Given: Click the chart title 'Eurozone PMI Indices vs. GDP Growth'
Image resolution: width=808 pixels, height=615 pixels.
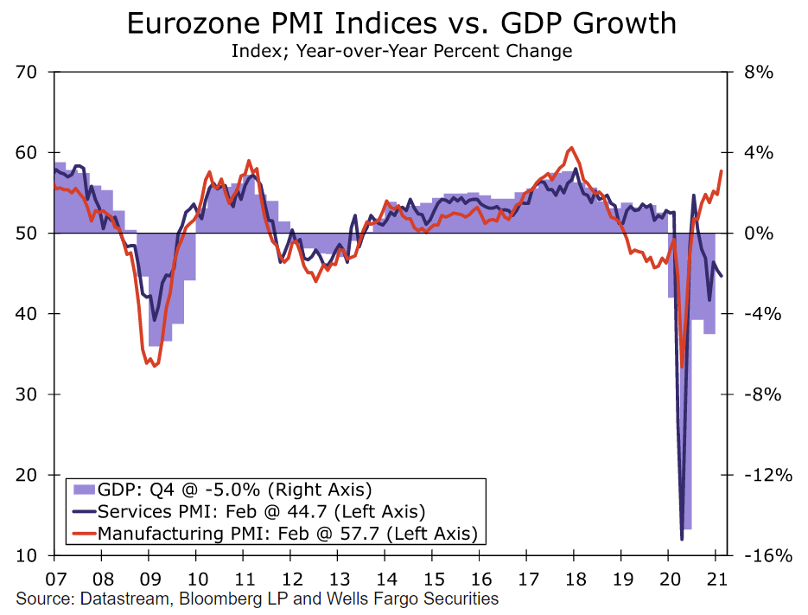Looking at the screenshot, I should coord(403,23).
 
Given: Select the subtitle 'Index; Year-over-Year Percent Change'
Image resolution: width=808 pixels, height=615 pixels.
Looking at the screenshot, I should coord(402,51).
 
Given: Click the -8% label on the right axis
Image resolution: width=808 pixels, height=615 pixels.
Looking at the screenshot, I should coord(755,394).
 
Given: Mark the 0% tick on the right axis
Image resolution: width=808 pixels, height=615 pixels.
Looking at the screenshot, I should coord(751,234).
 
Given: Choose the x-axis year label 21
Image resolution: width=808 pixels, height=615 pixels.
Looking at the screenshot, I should coord(716,578).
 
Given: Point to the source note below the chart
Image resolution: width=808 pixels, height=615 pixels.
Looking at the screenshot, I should coord(257,599).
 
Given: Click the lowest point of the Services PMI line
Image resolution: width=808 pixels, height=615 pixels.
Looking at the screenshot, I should coord(682,540).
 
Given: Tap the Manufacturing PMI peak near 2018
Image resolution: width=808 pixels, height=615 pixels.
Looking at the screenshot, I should coord(571,148).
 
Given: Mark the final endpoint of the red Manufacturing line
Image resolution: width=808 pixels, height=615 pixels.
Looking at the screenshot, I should coord(721,171).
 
